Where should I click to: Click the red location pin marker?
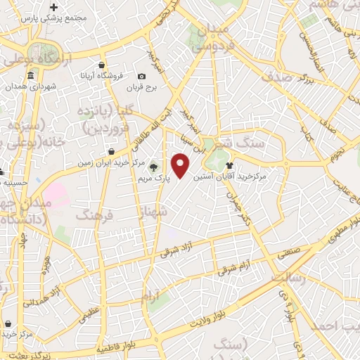(x=181, y=164)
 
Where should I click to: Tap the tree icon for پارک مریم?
(x=153, y=167)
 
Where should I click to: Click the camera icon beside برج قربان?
(x=142, y=76)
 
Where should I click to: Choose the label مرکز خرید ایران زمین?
(x=103, y=162)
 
